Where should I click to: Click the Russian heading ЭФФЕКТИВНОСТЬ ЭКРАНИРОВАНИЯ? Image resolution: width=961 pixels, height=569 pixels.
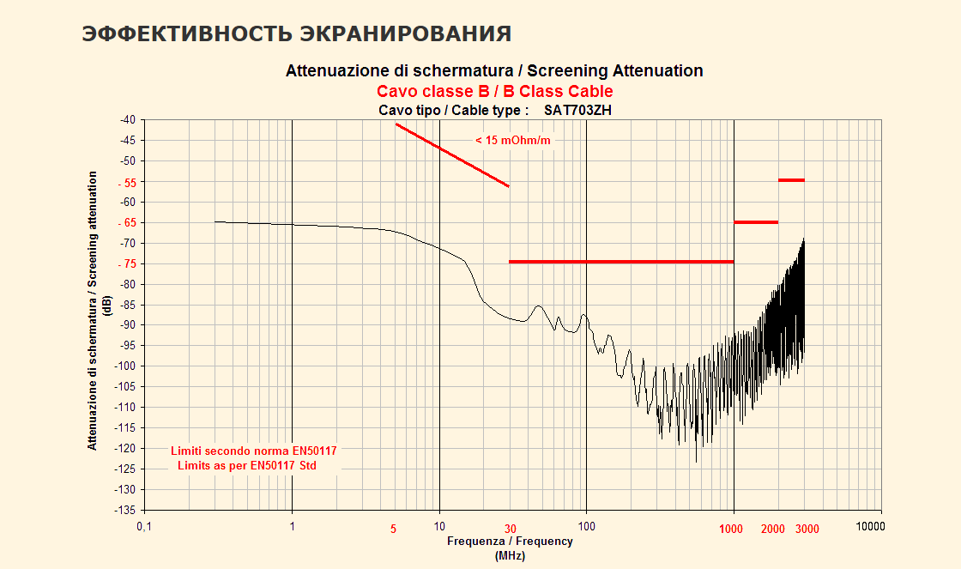[x=296, y=33]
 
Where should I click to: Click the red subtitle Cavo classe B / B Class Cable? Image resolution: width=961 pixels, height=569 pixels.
[x=494, y=91]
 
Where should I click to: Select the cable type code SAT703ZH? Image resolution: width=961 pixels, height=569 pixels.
[x=577, y=110]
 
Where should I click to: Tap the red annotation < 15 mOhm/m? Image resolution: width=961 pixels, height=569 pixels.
[x=512, y=140]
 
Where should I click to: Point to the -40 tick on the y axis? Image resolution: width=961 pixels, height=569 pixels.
[x=126, y=120]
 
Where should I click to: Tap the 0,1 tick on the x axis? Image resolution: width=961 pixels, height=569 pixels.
[x=143, y=527]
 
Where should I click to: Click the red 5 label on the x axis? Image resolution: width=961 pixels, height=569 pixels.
[x=394, y=529]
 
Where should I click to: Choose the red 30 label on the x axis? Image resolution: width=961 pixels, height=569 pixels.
[x=511, y=529]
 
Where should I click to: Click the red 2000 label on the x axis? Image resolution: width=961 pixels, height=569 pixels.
[x=773, y=529]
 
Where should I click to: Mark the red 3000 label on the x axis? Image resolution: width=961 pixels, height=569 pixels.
[x=807, y=529]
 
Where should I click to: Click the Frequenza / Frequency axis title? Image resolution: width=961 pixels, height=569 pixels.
[x=510, y=542]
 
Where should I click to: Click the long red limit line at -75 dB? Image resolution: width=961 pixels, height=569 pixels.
[x=621, y=262]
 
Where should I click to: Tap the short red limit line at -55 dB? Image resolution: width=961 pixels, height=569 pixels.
[x=791, y=180]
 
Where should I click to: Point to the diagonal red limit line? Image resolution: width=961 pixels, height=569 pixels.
[x=452, y=155]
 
